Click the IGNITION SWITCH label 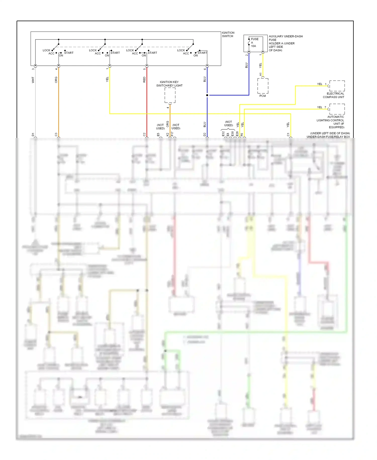click(x=228, y=34)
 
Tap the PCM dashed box click(x=263, y=86)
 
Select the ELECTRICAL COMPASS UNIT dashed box click(x=337, y=86)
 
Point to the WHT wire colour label click(x=33, y=80)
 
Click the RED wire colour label click(x=144, y=80)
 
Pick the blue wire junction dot click(x=207, y=95)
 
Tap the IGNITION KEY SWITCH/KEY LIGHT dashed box click(x=170, y=95)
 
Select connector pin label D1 click(x=33, y=135)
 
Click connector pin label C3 click(x=56, y=135)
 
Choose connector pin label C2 click(x=144, y=135)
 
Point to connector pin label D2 click(x=205, y=135)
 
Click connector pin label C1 click(x=288, y=135)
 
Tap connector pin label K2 click(x=167, y=135)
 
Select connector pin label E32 click(x=223, y=134)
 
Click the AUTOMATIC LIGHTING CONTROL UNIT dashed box click(x=337, y=109)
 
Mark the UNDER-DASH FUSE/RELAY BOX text click(x=328, y=137)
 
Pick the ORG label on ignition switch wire click(x=56, y=80)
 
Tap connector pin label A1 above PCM click(x=260, y=74)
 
